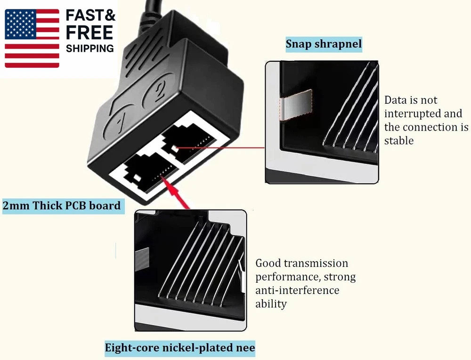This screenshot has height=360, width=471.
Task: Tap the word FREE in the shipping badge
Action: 89,33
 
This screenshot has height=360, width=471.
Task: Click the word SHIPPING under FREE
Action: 90,49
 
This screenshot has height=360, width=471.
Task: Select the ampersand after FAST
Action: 109,16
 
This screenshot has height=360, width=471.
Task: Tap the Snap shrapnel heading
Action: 324,44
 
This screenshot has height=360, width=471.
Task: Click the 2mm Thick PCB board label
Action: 62,205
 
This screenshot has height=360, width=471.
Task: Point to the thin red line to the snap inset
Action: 220,148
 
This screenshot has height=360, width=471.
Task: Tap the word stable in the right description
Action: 399,140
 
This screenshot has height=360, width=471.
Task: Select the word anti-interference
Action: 297,290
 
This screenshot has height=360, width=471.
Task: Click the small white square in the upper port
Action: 174,148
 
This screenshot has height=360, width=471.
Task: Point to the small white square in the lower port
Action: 137,178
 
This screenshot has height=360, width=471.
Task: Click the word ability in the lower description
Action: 271,304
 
